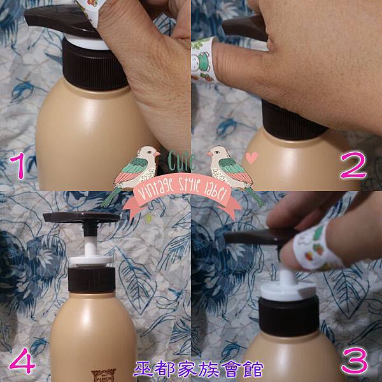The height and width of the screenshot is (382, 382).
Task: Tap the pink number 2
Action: (x=353, y=165)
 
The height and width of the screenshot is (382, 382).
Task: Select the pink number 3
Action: (x=355, y=360)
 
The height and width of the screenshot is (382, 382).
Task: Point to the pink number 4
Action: (x=22, y=360)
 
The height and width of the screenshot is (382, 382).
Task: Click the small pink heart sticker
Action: (x=251, y=157)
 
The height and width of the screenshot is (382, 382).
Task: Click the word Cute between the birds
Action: (x=181, y=161)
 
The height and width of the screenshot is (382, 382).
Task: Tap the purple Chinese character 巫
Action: (x=143, y=369)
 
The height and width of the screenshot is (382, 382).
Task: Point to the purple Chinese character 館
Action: (x=253, y=369)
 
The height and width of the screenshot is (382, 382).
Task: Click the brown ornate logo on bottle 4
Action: (x=104, y=376)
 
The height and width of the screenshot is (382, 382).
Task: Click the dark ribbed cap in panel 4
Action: (x=92, y=280)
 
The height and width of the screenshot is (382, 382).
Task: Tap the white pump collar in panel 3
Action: (x=288, y=290)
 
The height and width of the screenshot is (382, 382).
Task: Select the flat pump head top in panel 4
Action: (x=81, y=217)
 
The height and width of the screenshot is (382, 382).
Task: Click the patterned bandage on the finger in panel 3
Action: (x=316, y=246)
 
